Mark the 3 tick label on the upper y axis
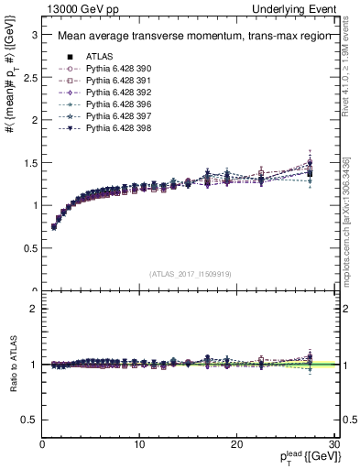point(34,35)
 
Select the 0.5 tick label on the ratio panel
point(30,420)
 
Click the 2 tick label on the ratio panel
point(34,309)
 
